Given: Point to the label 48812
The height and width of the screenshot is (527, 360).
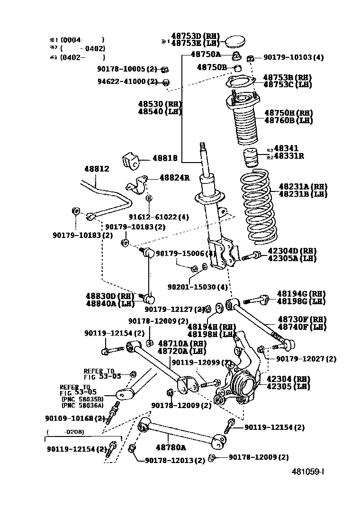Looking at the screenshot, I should (97, 169).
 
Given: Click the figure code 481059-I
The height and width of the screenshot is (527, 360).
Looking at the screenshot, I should (307, 472).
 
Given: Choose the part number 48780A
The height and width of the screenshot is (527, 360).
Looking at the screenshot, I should (171, 447).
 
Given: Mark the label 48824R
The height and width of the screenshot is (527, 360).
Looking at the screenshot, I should (174, 178).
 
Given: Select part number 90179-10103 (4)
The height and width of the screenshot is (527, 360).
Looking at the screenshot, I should (293, 57).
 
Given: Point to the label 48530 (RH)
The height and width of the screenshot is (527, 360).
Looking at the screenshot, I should (160, 104).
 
